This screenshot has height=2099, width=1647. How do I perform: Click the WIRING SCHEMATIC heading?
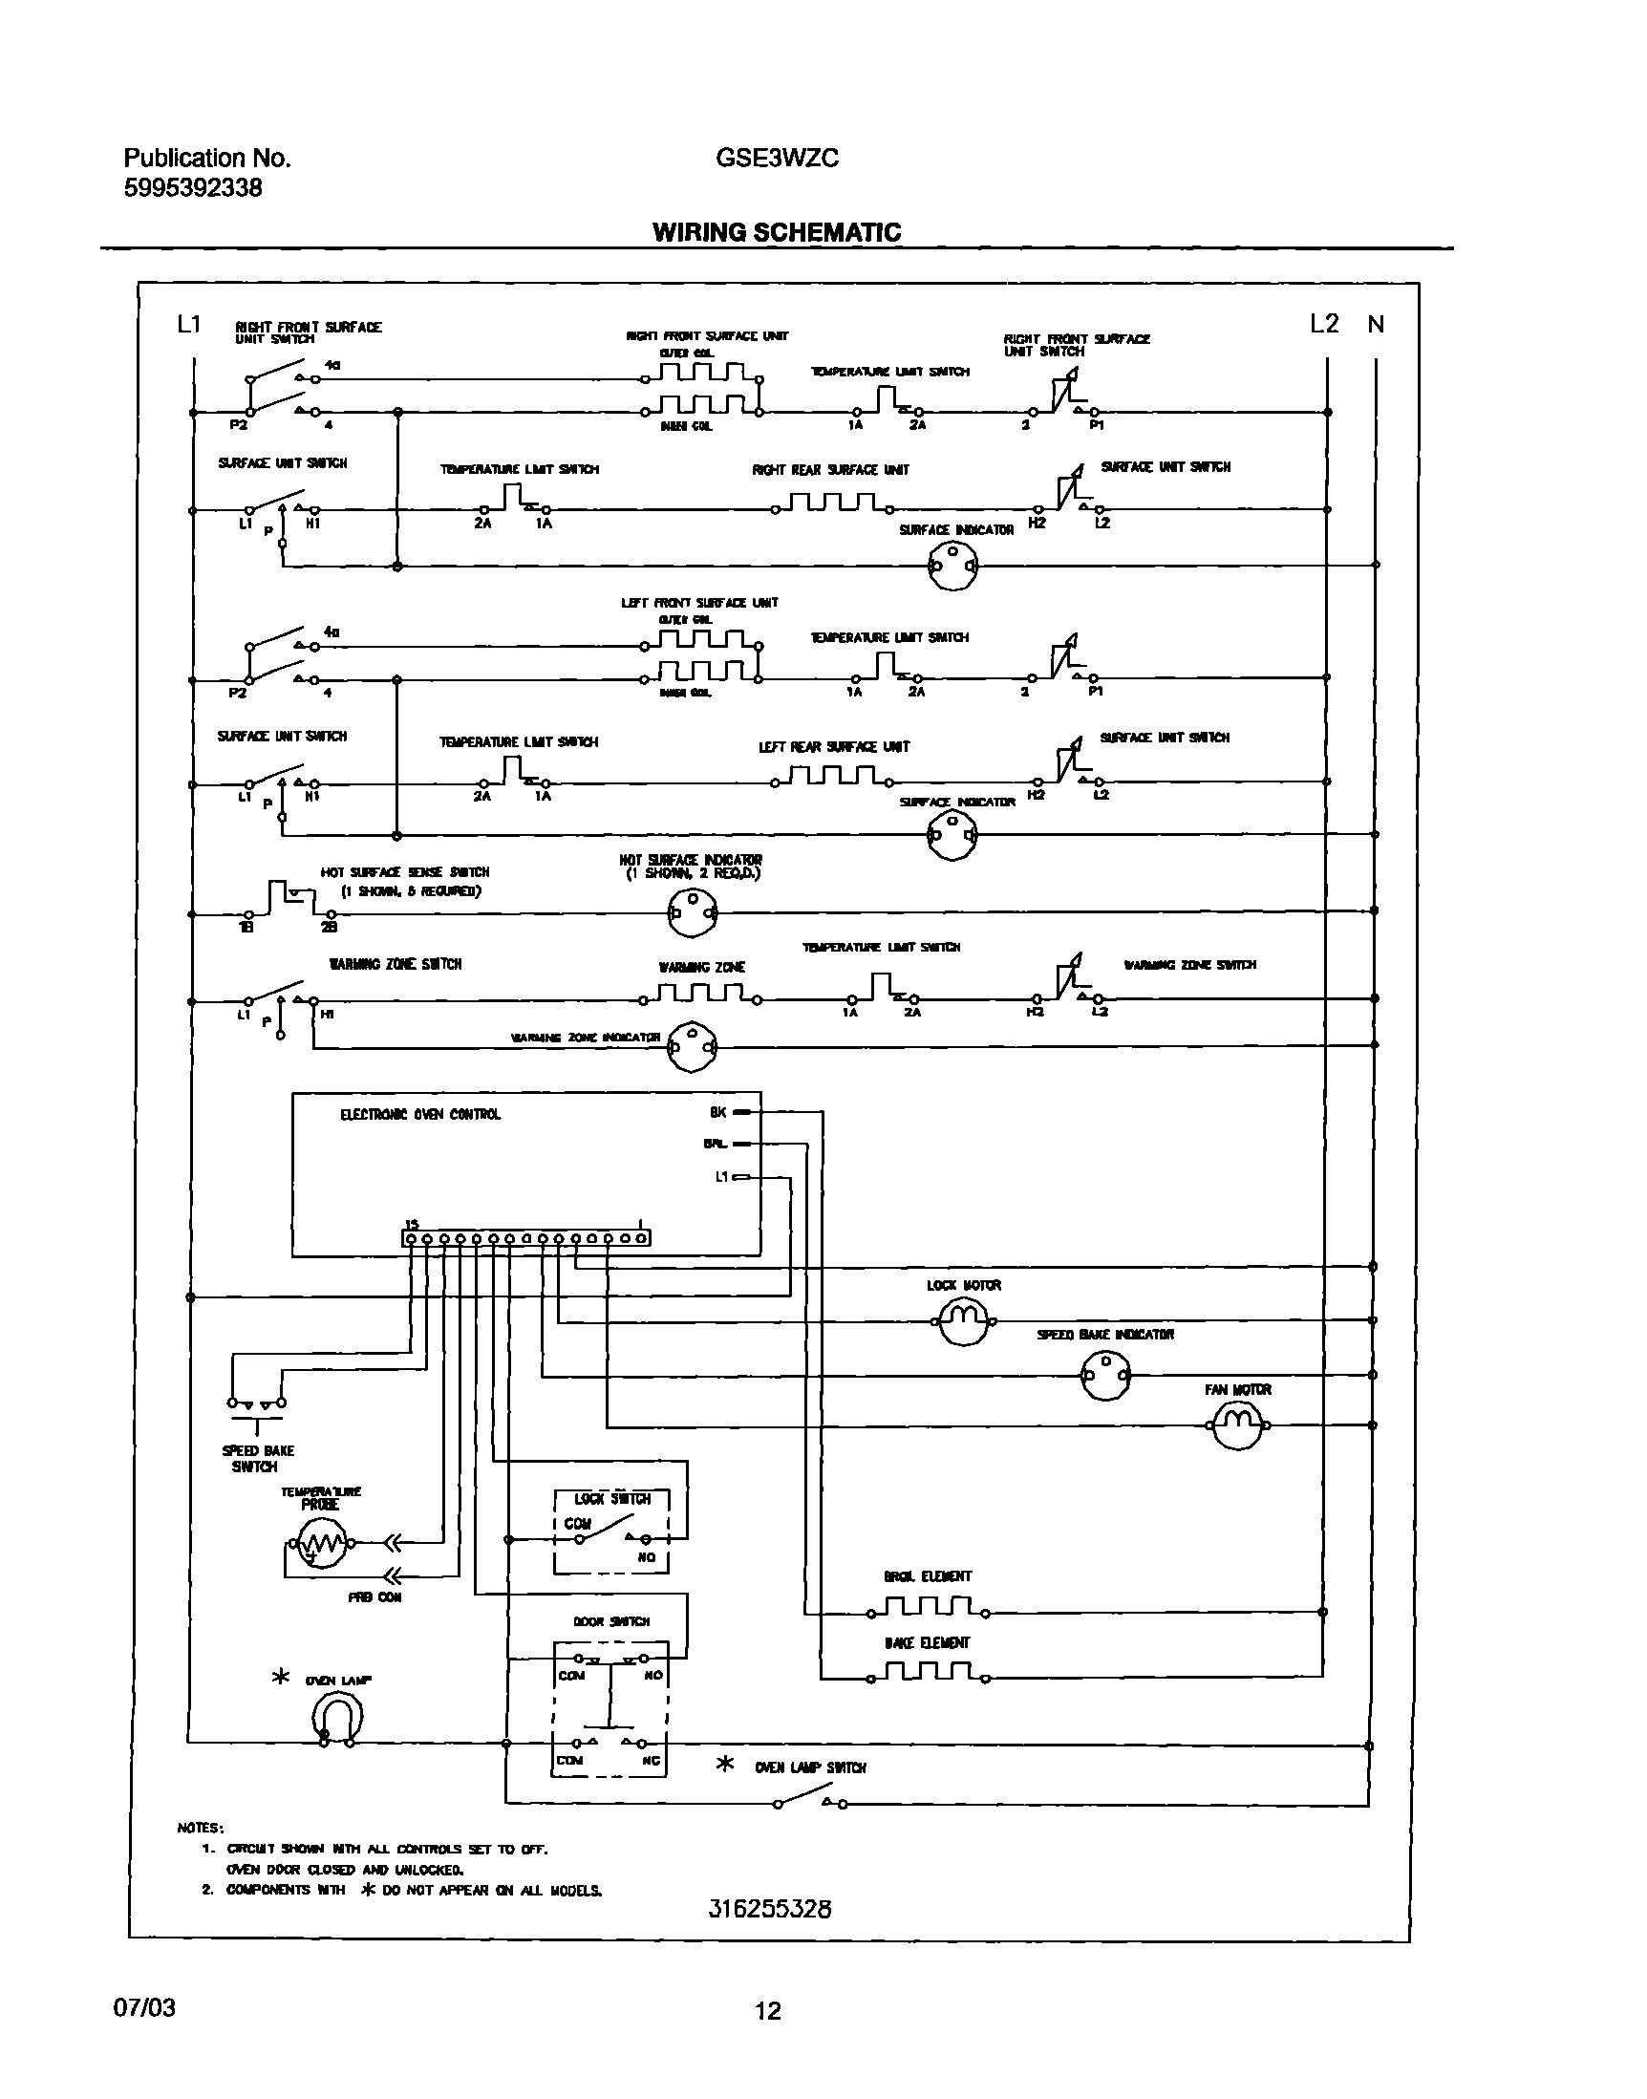tap(777, 232)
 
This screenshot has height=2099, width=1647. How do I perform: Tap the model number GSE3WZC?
tap(777, 159)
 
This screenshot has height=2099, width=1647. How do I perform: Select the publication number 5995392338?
tap(193, 188)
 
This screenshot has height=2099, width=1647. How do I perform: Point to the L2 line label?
tap(1324, 324)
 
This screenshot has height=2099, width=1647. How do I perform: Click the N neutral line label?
tap(1376, 325)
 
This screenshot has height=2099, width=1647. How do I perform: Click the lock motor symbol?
tap(963, 1321)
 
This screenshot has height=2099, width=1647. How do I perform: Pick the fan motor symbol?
tap(1237, 1425)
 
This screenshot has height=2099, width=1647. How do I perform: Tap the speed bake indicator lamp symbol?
tap(1105, 1375)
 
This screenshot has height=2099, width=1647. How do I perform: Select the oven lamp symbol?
tap(336, 1719)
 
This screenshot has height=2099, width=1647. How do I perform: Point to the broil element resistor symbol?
tap(928, 1607)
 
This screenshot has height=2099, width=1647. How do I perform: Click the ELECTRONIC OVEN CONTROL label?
tap(420, 1115)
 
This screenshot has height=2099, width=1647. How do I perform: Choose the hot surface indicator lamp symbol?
tap(693, 912)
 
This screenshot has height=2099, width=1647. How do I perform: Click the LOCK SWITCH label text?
tap(612, 1499)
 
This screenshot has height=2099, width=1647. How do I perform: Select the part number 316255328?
tap(769, 1908)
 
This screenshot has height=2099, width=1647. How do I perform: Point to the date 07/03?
tap(144, 2008)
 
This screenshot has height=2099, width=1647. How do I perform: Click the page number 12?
tap(767, 2011)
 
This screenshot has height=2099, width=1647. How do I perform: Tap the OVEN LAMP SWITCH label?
tap(810, 1767)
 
